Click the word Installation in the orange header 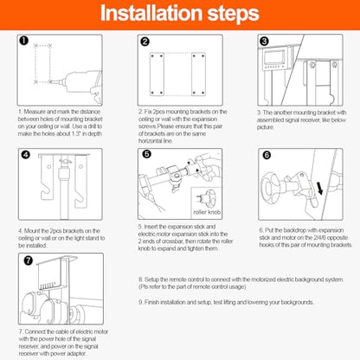[x=151, y=13]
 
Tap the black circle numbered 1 [x=24, y=40]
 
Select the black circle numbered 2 [x=145, y=42]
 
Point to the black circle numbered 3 [x=264, y=42]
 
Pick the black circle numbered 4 [x=26, y=155]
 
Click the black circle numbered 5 [x=146, y=154]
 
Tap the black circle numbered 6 [x=267, y=155]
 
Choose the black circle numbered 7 [x=28, y=260]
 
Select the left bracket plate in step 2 [x=157, y=74]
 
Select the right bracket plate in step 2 [x=198, y=74]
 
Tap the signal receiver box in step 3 [x=274, y=59]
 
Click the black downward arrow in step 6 [x=319, y=188]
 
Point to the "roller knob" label [x=207, y=212]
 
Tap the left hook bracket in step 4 [x=48, y=177]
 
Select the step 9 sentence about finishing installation [x=226, y=302]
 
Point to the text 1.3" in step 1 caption [x=76, y=134]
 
